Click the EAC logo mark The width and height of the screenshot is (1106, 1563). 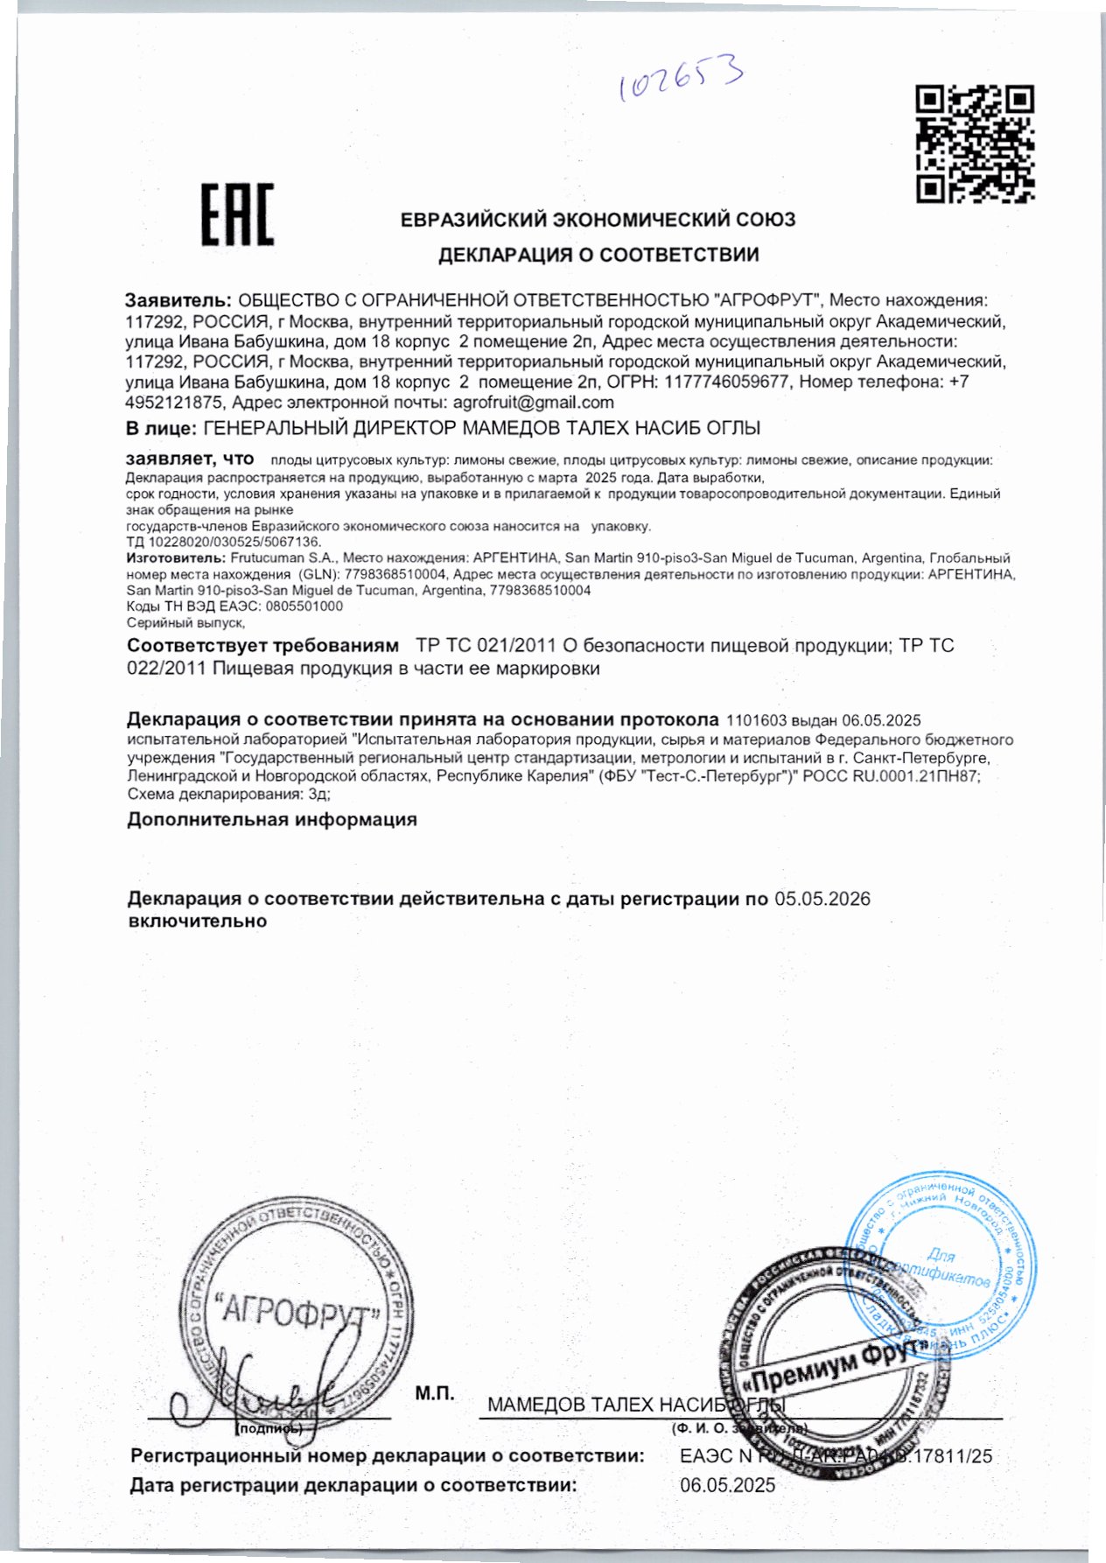tap(238, 214)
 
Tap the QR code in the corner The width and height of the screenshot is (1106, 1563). tap(975, 144)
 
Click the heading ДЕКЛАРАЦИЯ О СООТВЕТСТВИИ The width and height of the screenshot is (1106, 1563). tap(598, 255)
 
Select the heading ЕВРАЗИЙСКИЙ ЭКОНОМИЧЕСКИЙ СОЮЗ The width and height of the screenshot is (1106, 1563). tap(598, 219)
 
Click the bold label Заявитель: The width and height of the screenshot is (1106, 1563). tap(179, 300)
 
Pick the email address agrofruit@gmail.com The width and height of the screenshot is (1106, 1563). tap(533, 403)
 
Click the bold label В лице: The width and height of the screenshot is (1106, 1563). tap(161, 428)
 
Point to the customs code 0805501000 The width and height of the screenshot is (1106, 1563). tap(304, 606)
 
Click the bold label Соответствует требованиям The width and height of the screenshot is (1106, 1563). tap(262, 646)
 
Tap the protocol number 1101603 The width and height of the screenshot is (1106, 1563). tap(756, 720)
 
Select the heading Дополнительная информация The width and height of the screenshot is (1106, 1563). tap(272, 820)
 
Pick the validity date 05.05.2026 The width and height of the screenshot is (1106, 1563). tap(822, 900)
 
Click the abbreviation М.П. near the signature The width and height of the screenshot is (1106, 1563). tap(435, 1393)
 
